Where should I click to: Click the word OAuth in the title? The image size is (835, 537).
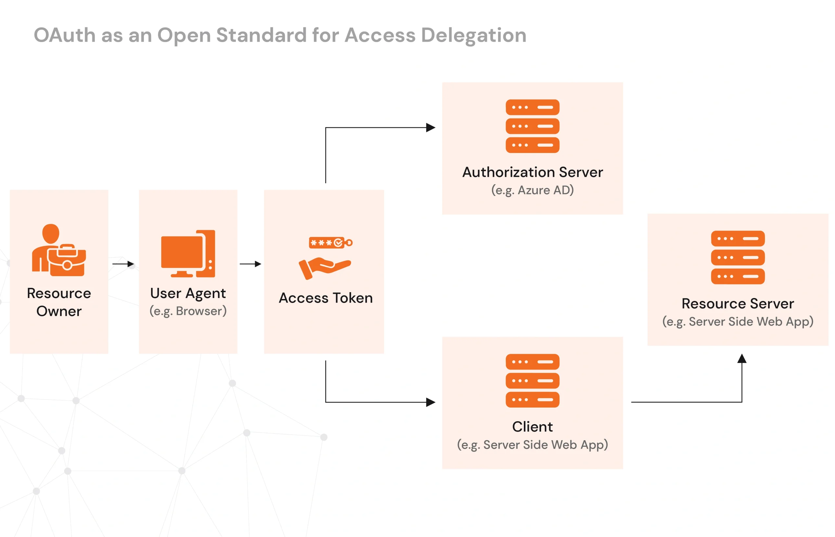65,35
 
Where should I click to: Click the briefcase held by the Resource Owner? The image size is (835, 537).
67,261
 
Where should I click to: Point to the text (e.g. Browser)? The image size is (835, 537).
188,311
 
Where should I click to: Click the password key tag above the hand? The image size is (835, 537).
330,242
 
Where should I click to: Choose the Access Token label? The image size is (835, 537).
326,298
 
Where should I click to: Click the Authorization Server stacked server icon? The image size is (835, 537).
532,126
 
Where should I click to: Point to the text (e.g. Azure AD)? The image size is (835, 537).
532,190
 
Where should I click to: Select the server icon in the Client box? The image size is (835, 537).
532,380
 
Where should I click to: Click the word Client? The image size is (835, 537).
532,426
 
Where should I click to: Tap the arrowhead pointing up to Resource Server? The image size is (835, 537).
741,358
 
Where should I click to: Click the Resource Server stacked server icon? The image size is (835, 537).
738,257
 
